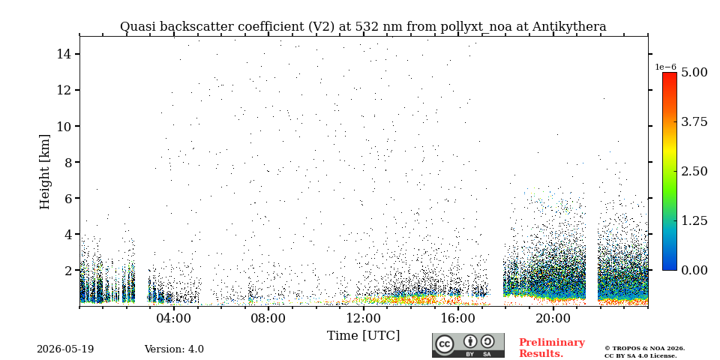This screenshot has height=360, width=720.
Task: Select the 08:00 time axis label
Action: coord(268,319)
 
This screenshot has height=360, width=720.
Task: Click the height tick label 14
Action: coord(64,54)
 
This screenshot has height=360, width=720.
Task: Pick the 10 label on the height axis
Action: coord(64,126)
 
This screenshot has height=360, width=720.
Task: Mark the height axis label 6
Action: coord(68,198)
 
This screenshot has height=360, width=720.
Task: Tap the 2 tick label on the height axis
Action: coord(68,271)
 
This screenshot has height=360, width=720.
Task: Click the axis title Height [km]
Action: coord(44,172)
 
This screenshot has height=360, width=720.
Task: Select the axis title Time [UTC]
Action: coord(363,336)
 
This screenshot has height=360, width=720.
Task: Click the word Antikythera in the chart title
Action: coord(569,27)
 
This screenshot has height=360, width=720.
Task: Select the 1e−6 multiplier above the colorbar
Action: coord(665,67)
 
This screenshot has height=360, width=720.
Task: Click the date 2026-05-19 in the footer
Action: coord(65,349)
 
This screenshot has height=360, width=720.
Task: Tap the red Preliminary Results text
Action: coord(552,348)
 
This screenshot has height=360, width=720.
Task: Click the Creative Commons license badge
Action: coord(468,345)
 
